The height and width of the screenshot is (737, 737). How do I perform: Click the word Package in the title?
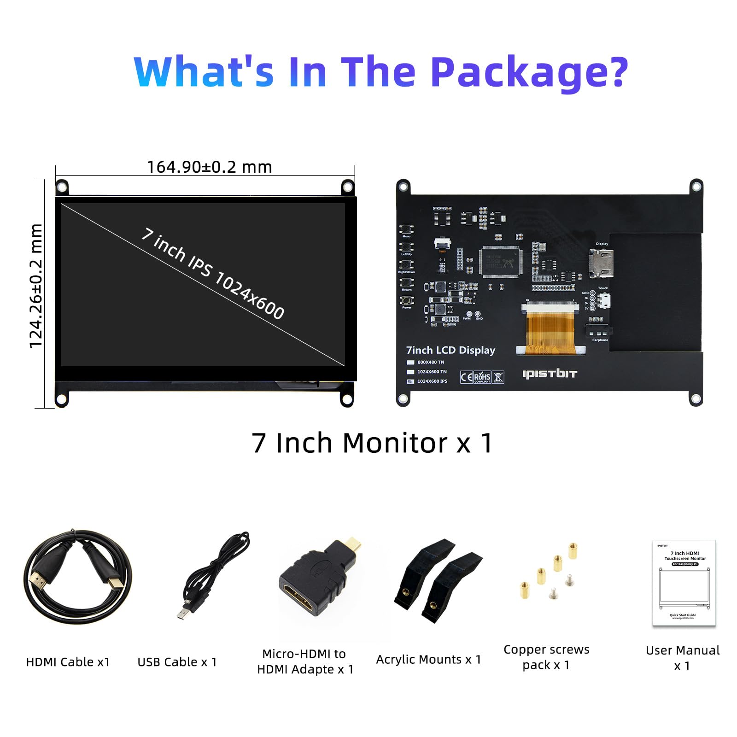pyautogui.click(x=530, y=72)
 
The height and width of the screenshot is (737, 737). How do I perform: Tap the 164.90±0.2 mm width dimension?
pyautogui.click(x=209, y=167)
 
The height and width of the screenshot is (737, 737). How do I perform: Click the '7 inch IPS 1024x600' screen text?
pyautogui.click(x=213, y=274)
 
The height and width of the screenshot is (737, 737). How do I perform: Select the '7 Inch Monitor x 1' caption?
pyautogui.click(x=372, y=443)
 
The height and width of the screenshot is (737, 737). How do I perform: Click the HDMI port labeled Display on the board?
pyautogui.click(x=601, y=263)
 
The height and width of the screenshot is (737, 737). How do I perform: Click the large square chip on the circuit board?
pyautogui.click(x=500, y=262)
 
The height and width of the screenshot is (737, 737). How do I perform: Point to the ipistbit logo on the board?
pyautogui.click(x=550, y=374)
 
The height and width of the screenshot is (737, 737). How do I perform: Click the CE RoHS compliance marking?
pyautogui.click(x=482, y=377)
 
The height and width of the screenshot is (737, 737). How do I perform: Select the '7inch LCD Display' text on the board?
pyautogui.click(x=450, y=350)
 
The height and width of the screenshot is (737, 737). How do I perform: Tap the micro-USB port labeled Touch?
pyautogui.click(x=604, y=301)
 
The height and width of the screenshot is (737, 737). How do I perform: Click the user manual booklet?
pyautogui.click(x=684, y=583)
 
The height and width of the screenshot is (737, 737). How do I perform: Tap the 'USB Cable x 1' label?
pyautogui.click(x=177, y=662)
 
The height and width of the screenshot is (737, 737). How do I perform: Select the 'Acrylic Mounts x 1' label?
pyautogui.click(x=428, y=660)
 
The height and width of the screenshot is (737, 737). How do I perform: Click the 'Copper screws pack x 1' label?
pyautogui.click(x=546, y=657)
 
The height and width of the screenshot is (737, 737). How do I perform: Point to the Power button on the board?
pyautogui.click(x=406, y=300)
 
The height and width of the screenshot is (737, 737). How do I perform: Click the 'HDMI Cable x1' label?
pyautogui.click(x=68, y=662)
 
